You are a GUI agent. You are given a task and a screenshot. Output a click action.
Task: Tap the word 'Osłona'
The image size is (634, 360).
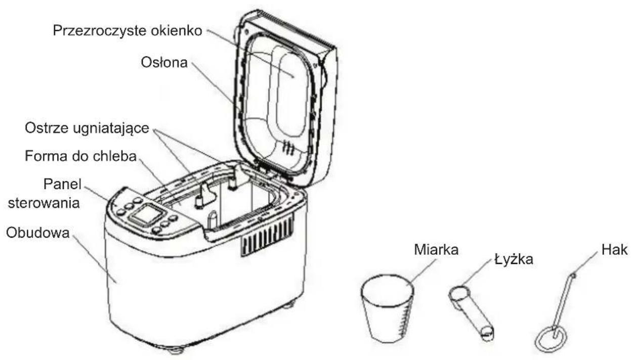coord(164,63)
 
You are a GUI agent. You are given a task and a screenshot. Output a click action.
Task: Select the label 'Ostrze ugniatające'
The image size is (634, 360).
coord(87,128)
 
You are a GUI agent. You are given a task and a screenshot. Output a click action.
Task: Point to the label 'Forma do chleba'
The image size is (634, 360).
coord(80,156)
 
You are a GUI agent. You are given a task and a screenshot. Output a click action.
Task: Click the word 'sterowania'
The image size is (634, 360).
coord(44,203)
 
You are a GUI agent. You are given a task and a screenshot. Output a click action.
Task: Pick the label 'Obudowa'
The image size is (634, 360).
coord(37,233)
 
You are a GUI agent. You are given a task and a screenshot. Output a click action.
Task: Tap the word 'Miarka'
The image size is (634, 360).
coord(436,250)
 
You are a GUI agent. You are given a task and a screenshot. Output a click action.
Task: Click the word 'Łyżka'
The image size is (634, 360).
coord(514,259)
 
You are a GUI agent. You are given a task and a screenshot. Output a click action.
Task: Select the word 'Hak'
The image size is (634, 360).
coord(614,250)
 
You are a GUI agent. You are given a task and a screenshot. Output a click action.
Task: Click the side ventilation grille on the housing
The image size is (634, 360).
coord(268,235)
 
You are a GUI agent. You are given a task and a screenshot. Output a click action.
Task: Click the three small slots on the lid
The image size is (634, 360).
coord(288,147)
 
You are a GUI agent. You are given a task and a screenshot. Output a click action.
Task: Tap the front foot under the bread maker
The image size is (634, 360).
coord(176,351)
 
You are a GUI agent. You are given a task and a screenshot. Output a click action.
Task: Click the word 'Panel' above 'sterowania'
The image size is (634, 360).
coord(63,185)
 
